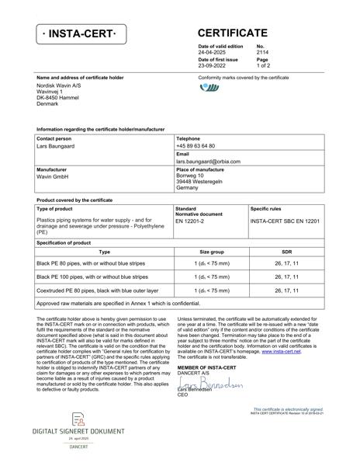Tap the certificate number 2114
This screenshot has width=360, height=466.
point(262,52)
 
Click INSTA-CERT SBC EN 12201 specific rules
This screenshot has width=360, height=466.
point(284,221)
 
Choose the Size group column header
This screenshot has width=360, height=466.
point(212,252)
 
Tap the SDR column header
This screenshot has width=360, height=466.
point(286,252)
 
